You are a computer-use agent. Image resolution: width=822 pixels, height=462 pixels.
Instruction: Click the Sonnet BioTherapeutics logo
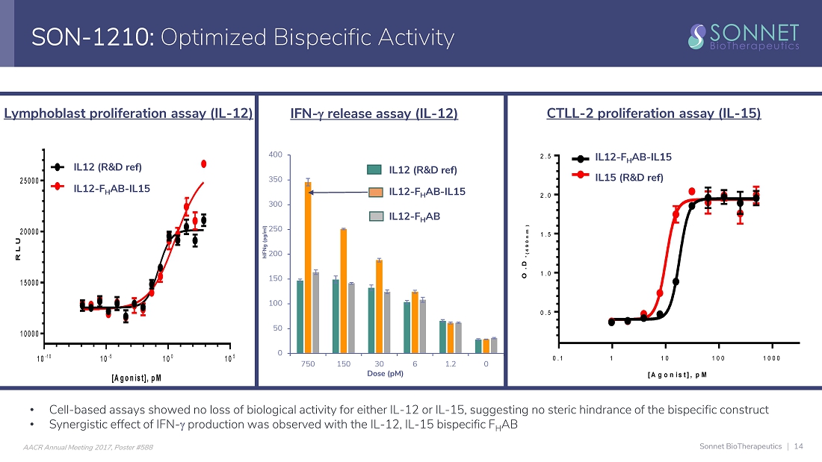743,37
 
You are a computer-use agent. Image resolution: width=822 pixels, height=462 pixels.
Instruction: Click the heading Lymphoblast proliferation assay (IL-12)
129,113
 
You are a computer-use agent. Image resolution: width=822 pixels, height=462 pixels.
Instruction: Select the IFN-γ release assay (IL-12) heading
374,113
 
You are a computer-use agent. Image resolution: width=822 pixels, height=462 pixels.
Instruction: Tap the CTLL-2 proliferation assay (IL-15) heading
654,113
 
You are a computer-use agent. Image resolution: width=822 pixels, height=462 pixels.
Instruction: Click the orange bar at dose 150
344,290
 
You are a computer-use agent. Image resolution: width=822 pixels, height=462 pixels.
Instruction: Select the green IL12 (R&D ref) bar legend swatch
376,169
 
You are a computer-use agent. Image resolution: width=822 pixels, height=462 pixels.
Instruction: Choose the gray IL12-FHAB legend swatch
376,216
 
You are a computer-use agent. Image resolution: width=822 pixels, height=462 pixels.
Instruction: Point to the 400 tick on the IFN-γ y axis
276,155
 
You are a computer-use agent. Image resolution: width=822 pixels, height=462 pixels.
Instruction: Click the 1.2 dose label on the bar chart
451,363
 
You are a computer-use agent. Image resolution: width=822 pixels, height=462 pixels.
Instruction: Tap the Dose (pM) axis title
386,373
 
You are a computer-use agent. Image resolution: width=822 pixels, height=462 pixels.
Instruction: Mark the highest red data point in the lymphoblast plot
203,163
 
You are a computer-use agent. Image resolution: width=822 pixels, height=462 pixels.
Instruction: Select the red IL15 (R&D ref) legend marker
581,178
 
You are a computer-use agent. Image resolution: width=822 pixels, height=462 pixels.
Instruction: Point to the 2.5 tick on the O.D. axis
546,157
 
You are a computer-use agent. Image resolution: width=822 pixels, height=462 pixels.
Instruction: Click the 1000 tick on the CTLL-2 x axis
772,358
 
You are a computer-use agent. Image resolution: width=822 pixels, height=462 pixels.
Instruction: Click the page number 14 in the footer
799,446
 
